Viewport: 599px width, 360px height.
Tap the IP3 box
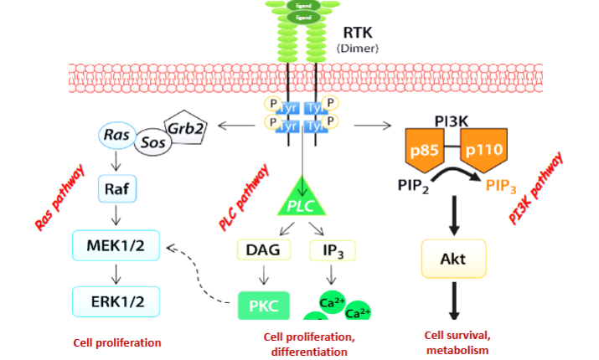point(333,250)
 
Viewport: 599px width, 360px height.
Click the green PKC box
point(266,305)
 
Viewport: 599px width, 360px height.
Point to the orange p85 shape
point(429,153)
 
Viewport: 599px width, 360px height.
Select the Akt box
point(452,260)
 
